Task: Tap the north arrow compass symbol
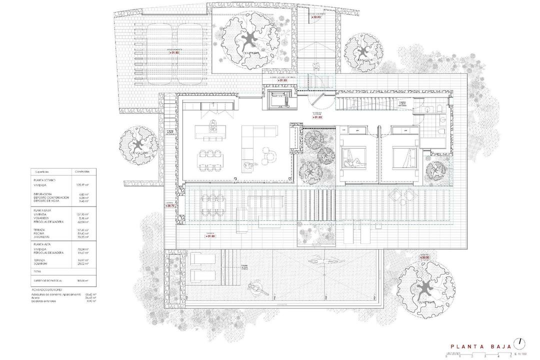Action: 520,342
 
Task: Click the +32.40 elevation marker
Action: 316,17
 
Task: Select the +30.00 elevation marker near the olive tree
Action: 424,258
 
